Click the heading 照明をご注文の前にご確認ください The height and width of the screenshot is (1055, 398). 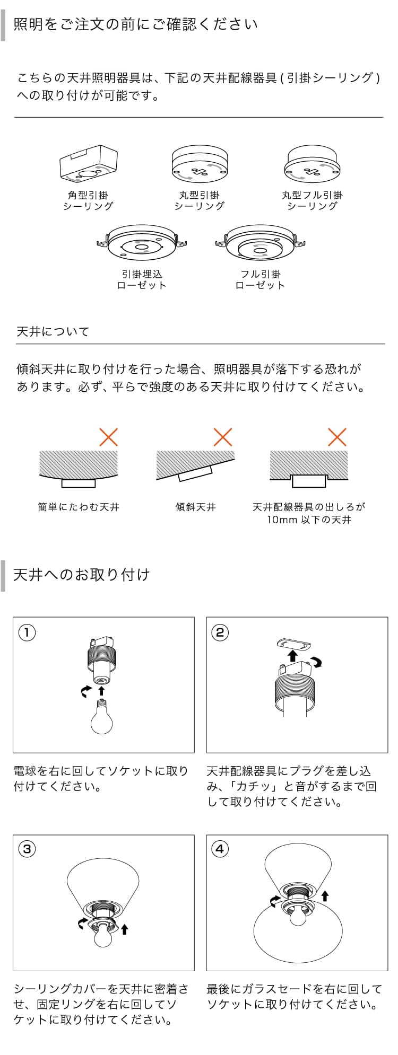coord(135,24)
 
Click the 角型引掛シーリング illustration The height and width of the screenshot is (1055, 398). coord(88,164)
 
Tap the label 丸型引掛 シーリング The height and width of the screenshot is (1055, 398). coord(200,200)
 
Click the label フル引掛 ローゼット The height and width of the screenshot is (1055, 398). coord(260,279)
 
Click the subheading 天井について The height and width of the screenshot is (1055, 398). coord(53,331)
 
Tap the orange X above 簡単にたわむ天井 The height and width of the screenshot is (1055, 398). coord(109,437)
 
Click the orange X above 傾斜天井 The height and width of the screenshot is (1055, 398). coord(223,437)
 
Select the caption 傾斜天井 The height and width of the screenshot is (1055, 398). coord(196,507)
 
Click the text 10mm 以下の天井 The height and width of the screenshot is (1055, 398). coord(309,520)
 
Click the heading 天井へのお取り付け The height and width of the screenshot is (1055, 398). coord(81,575)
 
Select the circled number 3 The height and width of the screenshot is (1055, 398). coord(27,849)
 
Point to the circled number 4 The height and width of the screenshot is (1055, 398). coord(220,849)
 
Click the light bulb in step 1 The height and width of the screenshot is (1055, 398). coord(101,716)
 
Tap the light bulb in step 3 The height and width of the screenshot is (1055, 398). coord(103,935)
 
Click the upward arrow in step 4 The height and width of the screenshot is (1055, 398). coord(325,895)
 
